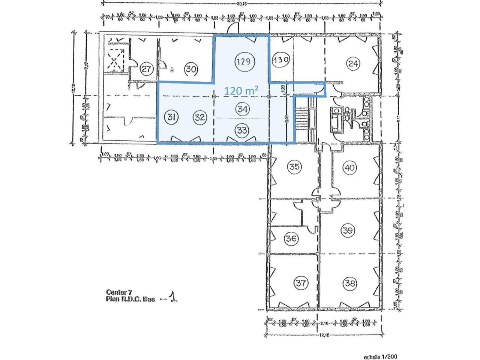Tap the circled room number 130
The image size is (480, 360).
tap(280, 60)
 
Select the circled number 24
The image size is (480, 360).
tap(352, 63)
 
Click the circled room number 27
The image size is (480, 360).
tap(147, 69)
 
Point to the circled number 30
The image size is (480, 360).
tap(191, 69)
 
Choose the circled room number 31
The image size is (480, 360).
tap(171, 117)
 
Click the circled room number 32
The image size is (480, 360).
tap(200, 117)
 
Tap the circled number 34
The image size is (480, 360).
tap(242, 109)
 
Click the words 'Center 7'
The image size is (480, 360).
tap(119, 292)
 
